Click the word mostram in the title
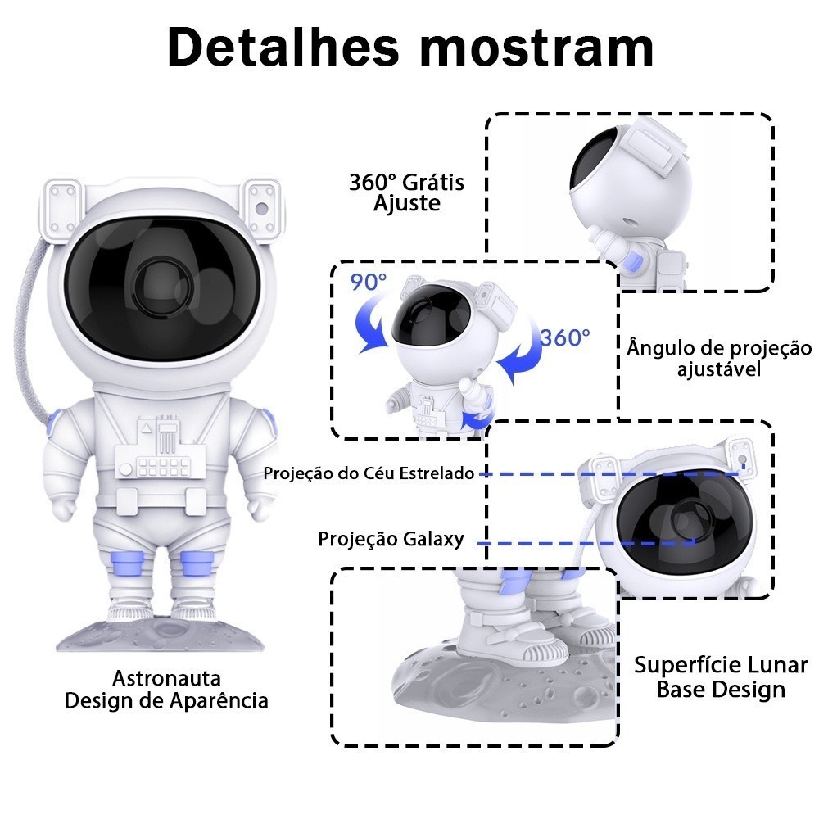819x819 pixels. [x=536, y=48]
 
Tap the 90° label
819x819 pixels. [x=369, y=283]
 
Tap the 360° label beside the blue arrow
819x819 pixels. [x=564, y=337]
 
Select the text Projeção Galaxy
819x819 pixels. [x=391, y=539]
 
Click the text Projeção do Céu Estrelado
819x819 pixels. [x=369, y=473]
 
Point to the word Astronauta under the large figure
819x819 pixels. [x=166, y=679]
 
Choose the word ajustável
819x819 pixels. [x=719, y=369]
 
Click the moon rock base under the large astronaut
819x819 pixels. [x=164, y=636]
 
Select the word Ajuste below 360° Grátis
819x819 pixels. [x=407, y=203]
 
